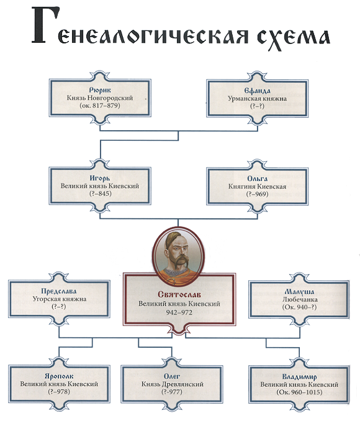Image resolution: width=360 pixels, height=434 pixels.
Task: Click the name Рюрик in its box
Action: tap(100, 90)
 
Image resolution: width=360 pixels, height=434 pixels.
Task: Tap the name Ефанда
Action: tap(257, 91)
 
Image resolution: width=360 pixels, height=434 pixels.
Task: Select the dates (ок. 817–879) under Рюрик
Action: tap(100, 105)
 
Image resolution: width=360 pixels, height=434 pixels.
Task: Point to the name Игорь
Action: tap(100, 179)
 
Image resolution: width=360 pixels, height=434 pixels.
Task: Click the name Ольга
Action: tap(257, 179)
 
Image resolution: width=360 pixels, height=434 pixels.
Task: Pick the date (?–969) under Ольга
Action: tap(257, 194)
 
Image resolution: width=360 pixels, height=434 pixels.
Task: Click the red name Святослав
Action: tap(179, 294)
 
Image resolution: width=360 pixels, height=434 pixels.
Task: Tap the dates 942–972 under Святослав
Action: tap(179, 312)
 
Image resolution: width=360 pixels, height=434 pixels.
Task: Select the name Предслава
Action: tap(59, 291)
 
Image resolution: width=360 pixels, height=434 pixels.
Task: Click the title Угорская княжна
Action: tap(60, 299)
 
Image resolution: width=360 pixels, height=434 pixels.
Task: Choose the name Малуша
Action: tap(299, 292)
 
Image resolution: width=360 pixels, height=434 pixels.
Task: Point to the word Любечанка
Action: tap(299, 299)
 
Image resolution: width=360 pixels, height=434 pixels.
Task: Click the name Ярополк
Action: tap(59, 376)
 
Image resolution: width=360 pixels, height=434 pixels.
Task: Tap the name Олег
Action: tap(172, 376)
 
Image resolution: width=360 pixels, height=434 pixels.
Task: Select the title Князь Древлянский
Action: tap(172, 384)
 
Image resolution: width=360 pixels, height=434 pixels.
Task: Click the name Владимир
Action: tap(299, 377)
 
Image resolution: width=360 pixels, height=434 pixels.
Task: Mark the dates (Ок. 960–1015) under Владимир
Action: tap(299, 392)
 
